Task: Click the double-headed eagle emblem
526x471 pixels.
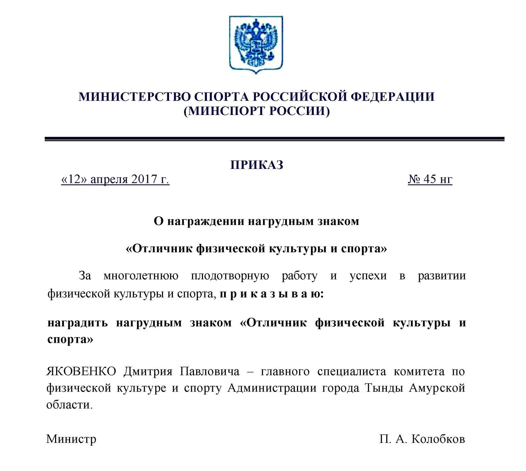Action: tap(256, 44)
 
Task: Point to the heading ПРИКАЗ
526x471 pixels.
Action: tap(257, 165)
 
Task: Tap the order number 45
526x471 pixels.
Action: tap(430, 179)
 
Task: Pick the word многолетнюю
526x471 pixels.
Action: tap(141, 276)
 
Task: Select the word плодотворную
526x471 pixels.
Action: tap(230, 276)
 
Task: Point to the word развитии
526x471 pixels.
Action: tap(442, 276)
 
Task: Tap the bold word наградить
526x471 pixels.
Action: tap(77, 322)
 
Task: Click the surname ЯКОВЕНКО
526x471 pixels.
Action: tap(81, 371)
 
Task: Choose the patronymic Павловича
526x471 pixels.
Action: tap(210, 371)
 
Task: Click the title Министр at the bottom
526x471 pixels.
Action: tap(71, 439)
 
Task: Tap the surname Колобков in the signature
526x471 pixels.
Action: tap(438, 439)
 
